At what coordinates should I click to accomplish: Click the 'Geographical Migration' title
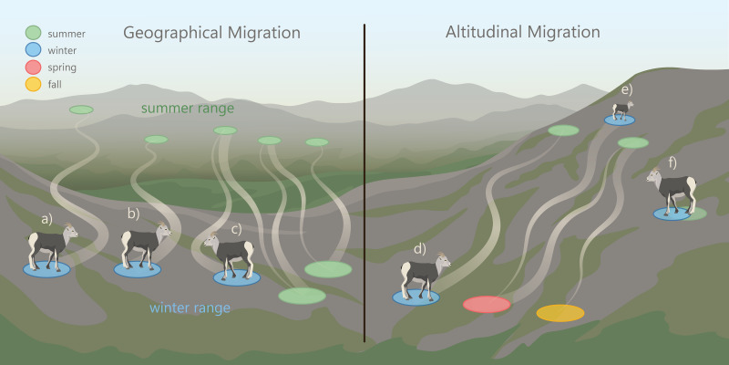[211, 33]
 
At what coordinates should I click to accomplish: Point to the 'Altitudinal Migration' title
[522, 32]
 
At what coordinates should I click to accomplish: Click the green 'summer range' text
[188, 109]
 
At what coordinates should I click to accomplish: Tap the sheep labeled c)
[231, 255]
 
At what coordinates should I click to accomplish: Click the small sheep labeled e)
[621, 109]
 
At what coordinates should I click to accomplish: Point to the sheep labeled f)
[673, 190]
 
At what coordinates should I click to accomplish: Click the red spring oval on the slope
[487, 304]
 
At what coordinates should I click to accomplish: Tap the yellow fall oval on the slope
[560, 313]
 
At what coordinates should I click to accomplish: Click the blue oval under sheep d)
[416, 297]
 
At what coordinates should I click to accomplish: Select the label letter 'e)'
[626, 89]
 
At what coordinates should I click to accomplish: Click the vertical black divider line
[364, 182]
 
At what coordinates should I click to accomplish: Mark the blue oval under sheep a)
[46, 270]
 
